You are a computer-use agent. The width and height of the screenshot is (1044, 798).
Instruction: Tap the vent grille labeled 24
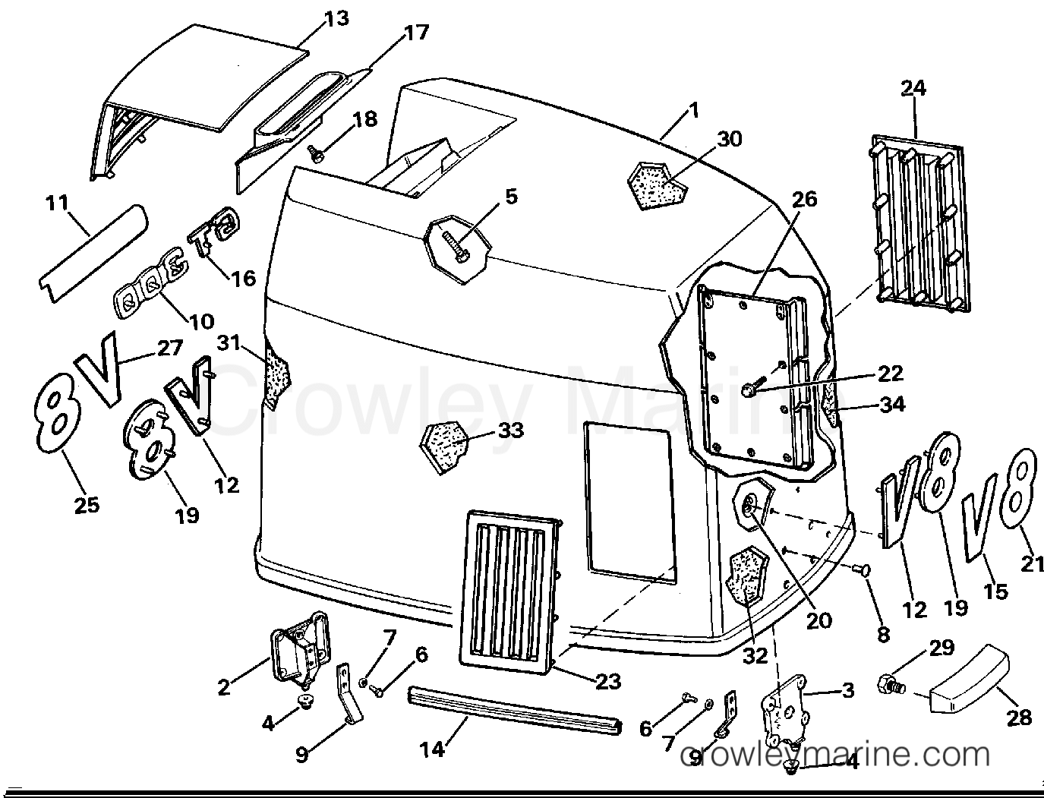pyautogui.click(x=919, y=223)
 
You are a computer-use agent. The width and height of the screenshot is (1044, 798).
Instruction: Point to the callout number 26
pyautogui.click(x=805, y=199)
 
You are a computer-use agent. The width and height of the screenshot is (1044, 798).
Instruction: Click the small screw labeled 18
pyautogui.click(x=317, y=155)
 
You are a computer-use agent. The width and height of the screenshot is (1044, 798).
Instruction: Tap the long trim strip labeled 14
pyautogui.click(x=515, y=708)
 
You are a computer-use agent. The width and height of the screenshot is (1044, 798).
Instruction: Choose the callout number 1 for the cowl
pyautogui.click(x=692, y=111)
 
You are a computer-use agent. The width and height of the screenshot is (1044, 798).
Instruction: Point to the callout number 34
pyautogui.click(x=892, y=405)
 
